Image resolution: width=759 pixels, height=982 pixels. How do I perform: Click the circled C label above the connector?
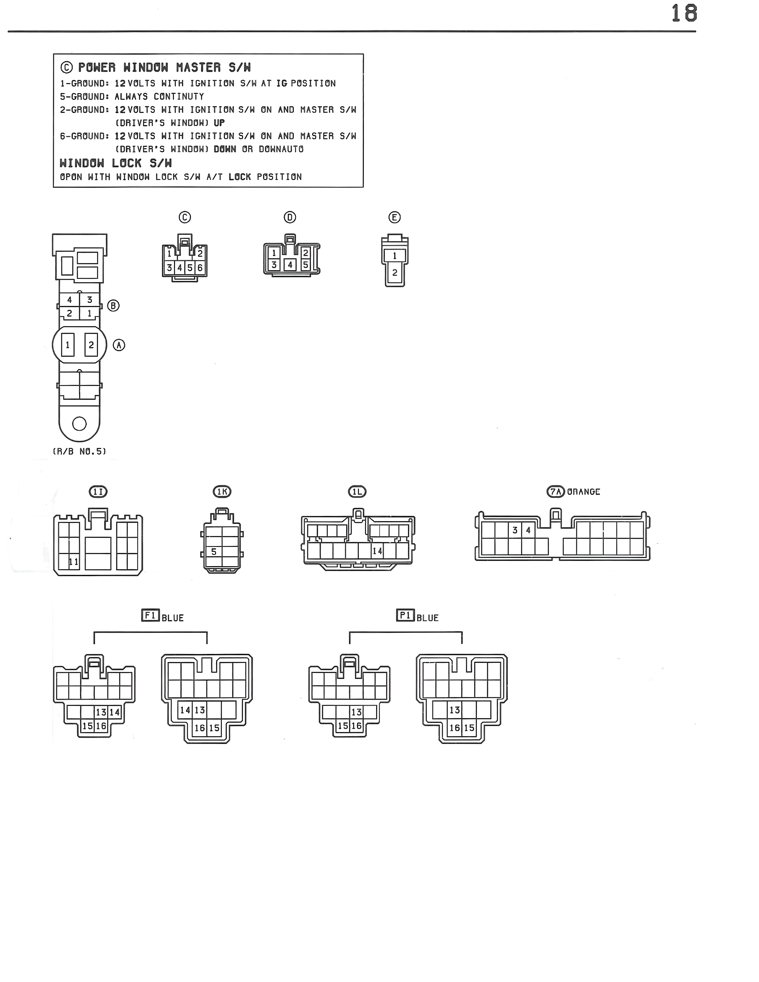point(185,217)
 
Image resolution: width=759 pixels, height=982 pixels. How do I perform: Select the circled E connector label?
point(394,218)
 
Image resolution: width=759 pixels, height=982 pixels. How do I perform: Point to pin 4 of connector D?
point(290,265)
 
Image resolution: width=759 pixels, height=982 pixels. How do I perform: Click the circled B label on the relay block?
point(113,306)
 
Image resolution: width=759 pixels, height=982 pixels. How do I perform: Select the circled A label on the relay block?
point(119,345)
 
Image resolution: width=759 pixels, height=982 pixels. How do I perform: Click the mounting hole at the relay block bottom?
point(79,423)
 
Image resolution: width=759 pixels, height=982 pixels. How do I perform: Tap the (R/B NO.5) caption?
point(79,451)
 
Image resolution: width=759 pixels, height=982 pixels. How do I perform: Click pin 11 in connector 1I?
point(73,562)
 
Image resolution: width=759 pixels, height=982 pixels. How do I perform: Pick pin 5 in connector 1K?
point(214,552)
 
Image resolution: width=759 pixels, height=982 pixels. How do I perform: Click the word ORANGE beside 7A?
point(584,492)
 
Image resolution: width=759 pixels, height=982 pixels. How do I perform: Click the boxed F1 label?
point(150,615)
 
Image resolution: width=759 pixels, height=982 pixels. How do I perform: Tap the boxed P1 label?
point(405,615)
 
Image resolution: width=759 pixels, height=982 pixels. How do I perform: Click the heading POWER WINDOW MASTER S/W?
point(164,68)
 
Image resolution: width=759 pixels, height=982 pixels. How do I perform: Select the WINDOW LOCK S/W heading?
point(115,163)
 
